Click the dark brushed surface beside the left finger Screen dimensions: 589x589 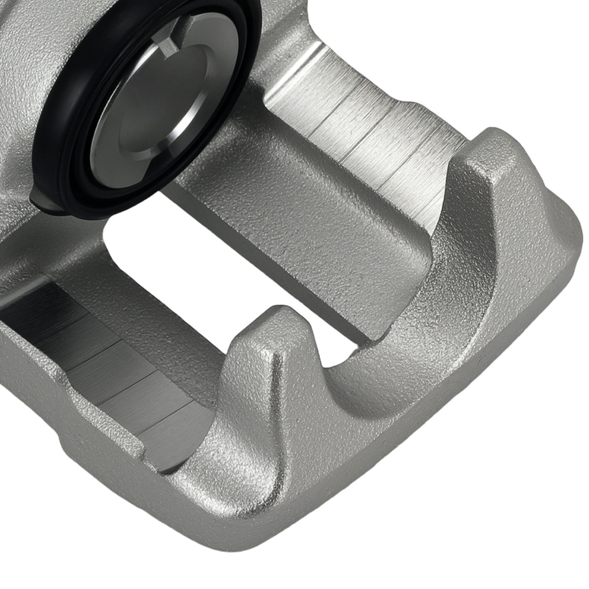[x=106, y=365]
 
